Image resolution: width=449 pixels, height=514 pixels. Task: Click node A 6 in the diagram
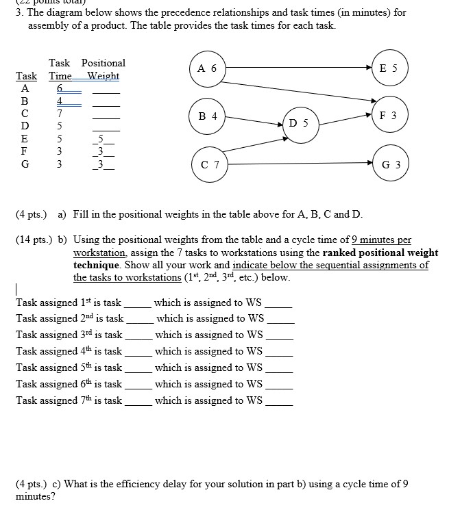tap(207, 68)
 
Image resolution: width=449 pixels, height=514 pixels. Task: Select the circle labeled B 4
tap(207, 116)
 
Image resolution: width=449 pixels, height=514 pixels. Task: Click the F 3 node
tap(389, 116)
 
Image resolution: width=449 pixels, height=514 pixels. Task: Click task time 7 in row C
tap(60, 113)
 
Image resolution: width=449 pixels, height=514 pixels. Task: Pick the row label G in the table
tap(25, 164)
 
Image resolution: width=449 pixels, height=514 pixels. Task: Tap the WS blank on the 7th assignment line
tap(278, 403)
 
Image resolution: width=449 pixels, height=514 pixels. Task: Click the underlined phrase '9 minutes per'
tap(381, 240)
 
